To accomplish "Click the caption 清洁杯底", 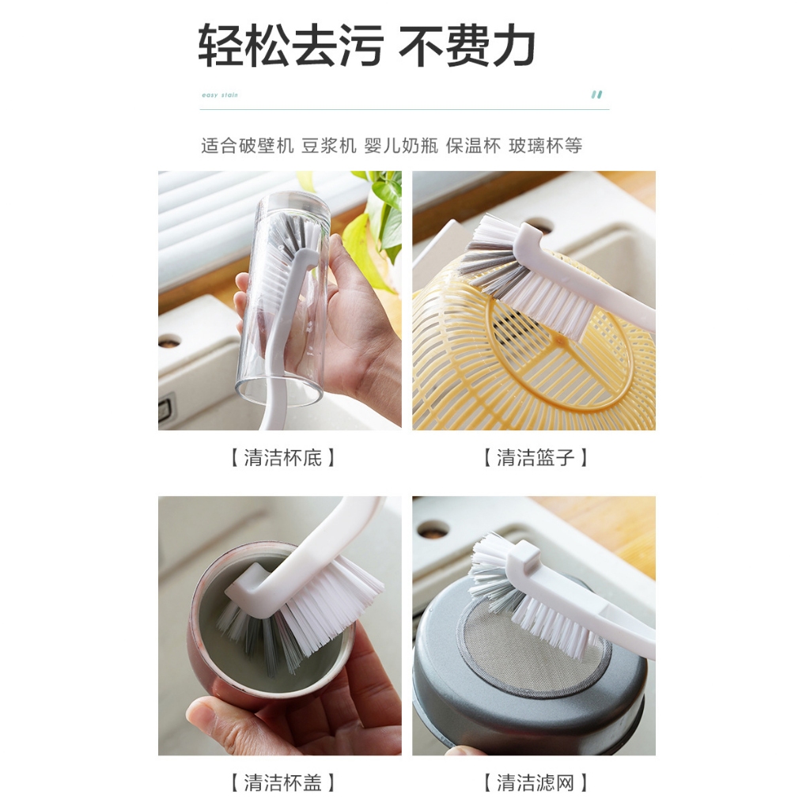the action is (282, 458).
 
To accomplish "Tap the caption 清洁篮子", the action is (536, 458).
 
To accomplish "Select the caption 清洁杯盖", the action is (282, 782).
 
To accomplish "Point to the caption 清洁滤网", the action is (536, 782).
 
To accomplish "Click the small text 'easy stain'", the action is (220, 95).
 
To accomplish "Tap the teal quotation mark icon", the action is (596, 95).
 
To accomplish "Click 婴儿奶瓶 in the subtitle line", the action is (401, 146).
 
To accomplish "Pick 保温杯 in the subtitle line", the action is (473, 146).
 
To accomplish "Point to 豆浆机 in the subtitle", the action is (329, 146).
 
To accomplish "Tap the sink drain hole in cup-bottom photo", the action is (169, 341).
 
